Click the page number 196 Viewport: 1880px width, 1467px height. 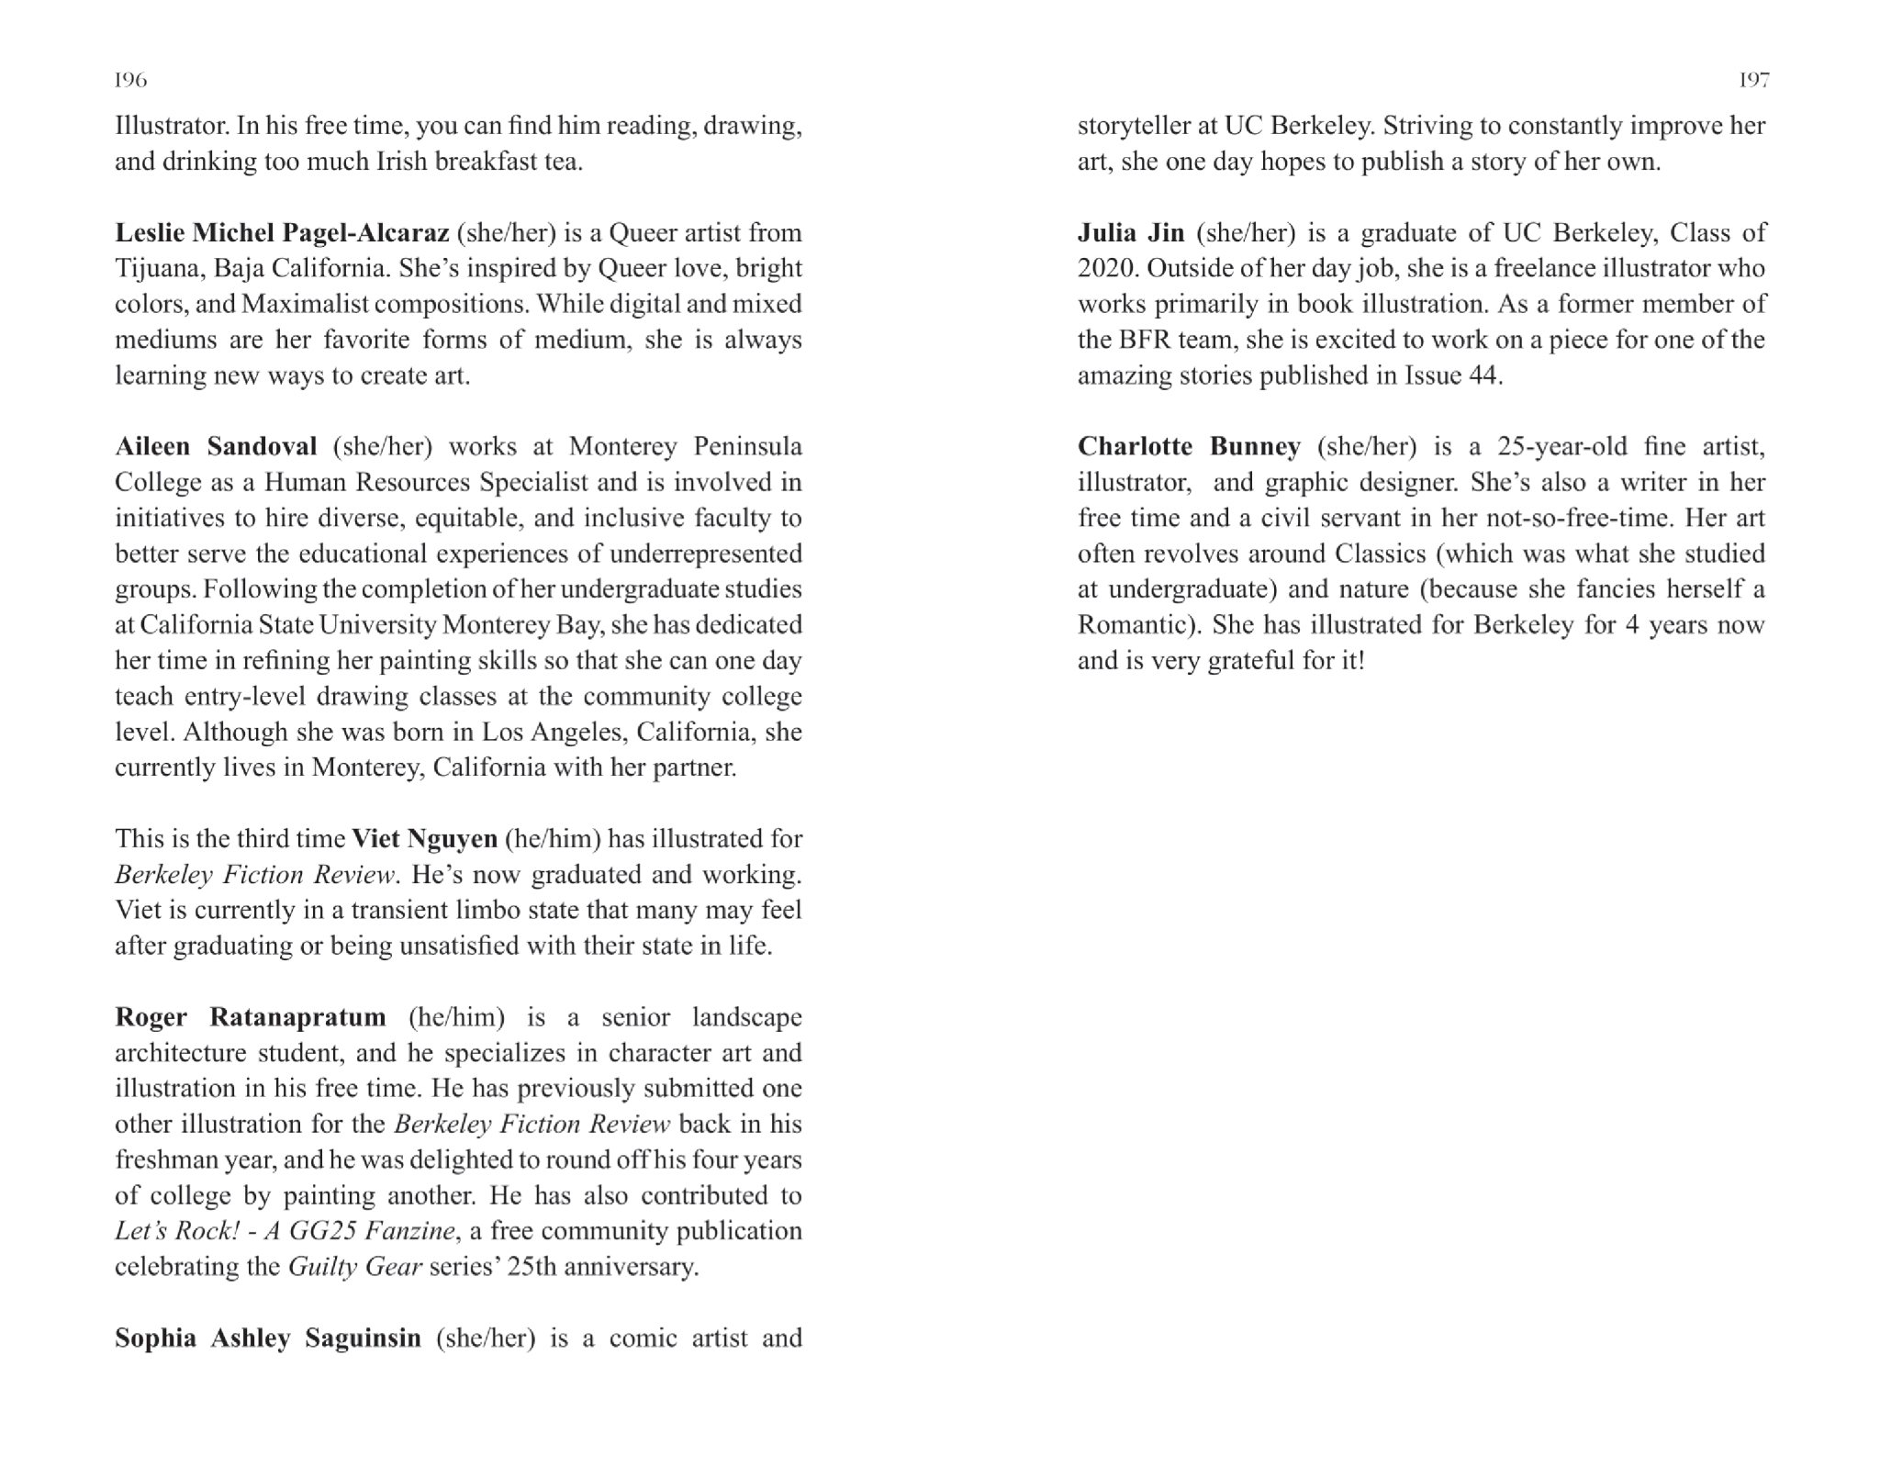point(130,81)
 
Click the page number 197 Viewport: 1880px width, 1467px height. point(1753,81)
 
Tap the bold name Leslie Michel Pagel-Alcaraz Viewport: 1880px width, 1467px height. point(282,233)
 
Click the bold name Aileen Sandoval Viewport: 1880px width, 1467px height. point(216,447)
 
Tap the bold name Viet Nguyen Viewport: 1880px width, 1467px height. point(424,839)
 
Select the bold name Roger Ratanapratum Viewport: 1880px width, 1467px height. point(250,1017)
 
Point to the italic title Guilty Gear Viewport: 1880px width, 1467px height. point(355,1267)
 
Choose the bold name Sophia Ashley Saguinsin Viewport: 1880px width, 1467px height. point(267,1338)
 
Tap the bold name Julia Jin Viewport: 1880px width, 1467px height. point(1131,233)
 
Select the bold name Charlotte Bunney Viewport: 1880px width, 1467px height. point(1189,447)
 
